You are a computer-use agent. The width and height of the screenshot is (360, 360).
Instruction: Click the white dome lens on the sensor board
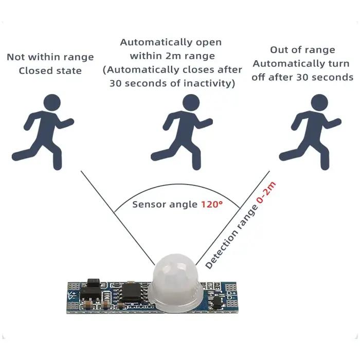(174, 282)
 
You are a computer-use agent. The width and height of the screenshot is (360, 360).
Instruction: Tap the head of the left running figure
(52, 102)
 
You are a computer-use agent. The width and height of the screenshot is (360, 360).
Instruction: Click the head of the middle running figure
(191, 102)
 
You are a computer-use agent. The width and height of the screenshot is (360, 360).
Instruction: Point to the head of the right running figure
(319, 102)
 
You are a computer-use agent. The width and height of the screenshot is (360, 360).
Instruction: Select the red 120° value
(212, 204)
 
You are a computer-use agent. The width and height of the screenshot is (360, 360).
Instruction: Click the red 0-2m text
(266, 192)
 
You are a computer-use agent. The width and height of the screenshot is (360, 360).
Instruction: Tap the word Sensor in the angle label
(148, 204)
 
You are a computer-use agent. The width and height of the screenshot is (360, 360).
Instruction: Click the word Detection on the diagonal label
(221, 252)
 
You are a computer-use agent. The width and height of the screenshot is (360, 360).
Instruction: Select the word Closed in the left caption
(36, 71)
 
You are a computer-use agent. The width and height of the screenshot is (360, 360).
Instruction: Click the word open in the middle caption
(209, 43)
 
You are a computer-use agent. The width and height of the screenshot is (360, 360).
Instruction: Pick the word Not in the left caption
(16, 57)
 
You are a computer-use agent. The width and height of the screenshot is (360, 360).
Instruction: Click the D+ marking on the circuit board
(231, 294)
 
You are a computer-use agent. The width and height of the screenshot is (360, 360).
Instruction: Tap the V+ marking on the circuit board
(72, 294)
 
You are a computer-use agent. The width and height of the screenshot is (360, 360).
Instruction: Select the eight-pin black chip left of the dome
(131, 292)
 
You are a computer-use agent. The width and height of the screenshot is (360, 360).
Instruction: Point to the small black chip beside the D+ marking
(217, 301)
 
